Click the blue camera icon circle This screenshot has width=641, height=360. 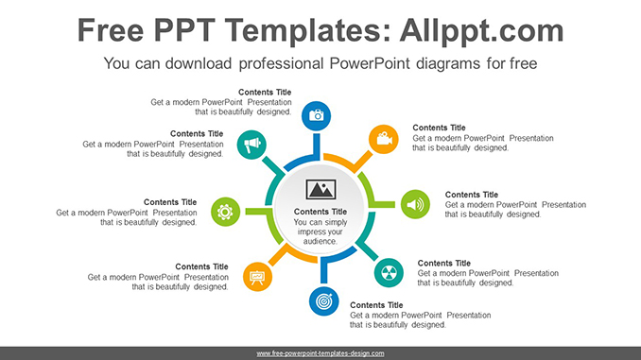coord(317,115)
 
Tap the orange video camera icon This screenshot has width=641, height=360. coord(382,139)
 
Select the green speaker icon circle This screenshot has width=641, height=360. coord(415,204)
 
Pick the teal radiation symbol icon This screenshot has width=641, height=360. coord(389,272)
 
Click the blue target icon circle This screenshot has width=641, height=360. coord(322,302)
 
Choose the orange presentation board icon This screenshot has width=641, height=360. coord(257,276)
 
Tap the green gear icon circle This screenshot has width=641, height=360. coord(225,211)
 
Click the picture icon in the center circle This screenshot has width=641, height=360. coord(321,188)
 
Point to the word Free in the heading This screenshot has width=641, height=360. coord(113,30)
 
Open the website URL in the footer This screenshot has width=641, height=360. coord(320,352)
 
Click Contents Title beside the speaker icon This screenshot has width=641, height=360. coord(471,195)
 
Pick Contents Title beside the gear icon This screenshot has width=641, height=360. coord(170,202)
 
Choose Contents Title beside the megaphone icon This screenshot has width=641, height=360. coord(197,134)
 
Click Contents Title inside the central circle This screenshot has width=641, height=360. coord(321,212)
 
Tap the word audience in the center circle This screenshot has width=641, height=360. coord(320,242)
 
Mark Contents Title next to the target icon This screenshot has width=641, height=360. coord(376,305)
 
